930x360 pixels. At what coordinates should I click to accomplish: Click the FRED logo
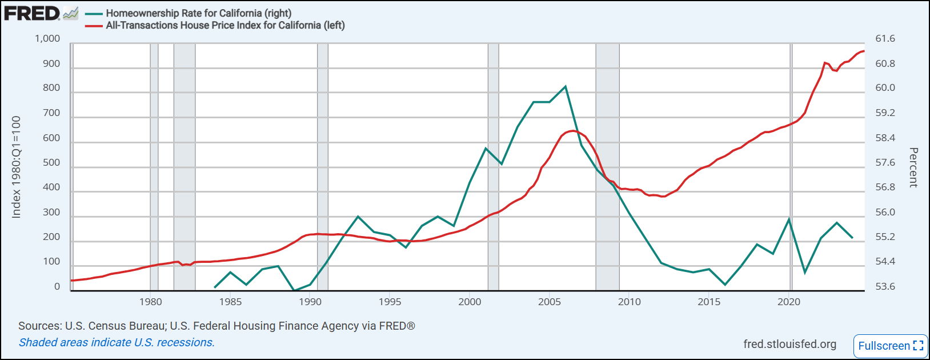point(32,13)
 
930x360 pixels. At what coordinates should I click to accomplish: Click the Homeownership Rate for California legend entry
point(198,13)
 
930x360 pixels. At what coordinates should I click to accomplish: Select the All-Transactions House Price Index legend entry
point(225,25)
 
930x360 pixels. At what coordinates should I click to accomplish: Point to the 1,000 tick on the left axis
point(47,39)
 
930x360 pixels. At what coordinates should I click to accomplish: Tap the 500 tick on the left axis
point(51,163)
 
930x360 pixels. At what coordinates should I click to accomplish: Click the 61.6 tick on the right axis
point(885,39)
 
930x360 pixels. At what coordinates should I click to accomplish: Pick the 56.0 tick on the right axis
point(885,213)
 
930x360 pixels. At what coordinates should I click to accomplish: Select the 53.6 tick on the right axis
point(885,287)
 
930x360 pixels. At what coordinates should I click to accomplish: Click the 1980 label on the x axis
point(151,302)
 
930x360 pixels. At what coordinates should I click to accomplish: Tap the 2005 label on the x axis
point(550,302)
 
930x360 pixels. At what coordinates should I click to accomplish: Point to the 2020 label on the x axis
point(788,302)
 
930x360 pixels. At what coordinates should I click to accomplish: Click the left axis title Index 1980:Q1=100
point(16,167)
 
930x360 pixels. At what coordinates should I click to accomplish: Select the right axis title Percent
point(913,167)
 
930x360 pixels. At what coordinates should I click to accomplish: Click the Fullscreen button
point(890,346)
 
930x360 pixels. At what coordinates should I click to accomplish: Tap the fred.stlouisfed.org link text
point(789,344)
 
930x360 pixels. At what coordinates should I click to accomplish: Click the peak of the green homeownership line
point(566,87)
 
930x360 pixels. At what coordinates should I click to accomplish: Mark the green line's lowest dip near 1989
point(294,290)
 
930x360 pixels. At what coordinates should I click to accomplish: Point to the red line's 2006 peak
point(572,131)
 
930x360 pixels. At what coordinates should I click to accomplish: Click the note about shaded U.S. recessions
point(117,342)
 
